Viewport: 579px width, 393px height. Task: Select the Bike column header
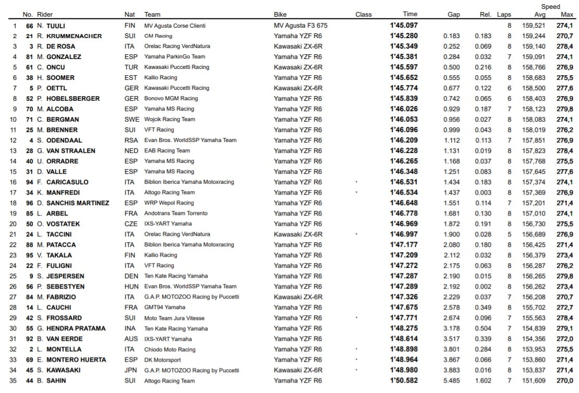pos(280,15)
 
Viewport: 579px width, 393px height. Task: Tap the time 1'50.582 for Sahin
pos(404,380)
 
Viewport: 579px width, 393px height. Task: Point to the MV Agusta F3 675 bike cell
pos(300,26)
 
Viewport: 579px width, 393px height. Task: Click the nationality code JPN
pos(131,370)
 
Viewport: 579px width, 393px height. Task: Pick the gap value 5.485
pos(452,380)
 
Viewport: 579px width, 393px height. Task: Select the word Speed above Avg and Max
pos(550,7)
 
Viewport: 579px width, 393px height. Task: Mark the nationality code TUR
pos(131,67)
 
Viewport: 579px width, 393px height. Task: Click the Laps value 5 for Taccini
pos(510,234)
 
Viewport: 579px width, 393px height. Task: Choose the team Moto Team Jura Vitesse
pos(174,318)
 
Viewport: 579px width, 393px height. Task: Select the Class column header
pos(364,15)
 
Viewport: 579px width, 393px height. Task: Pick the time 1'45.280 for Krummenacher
pos(404,36)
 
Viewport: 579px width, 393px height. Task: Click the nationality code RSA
pos(131,140)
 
